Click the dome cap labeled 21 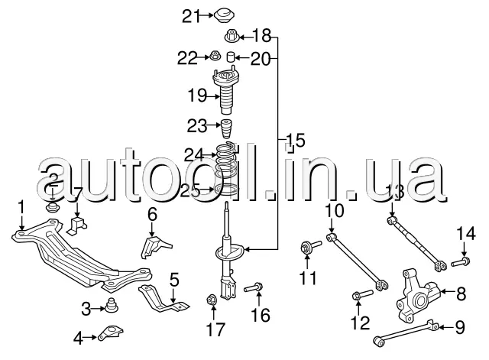tap(224, 15)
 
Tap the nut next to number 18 tap(232, 36)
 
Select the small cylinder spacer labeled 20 tap(230, 57)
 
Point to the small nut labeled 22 tap(215, 56)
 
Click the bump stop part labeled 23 tap(227, 128)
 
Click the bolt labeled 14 tap(461, 262)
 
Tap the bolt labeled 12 tap(362, 294)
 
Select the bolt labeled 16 tap(254, 287)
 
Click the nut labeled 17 tap(212, 300)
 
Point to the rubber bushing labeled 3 tap(111, 305)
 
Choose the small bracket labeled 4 tap(110, 332)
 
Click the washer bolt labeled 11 tap(311, 247)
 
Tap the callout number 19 tap(197, 95)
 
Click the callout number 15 tap(296, 140)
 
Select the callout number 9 tap(459, 327)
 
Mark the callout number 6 tap(152, 215)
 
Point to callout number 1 tap(21, 207)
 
